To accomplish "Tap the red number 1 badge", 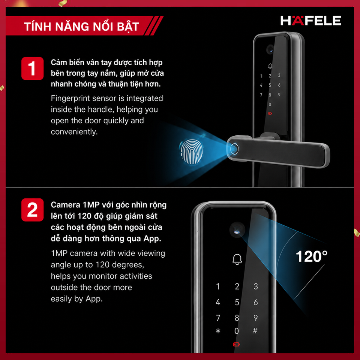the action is click(x=32, y=68).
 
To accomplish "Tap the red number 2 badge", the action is click(x=32, y=210).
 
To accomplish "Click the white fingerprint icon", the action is click(x=192, y=152).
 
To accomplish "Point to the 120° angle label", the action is click(x=312, y=256).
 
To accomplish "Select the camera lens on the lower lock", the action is click(x=237, y=230).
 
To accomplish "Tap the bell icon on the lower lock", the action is click(x=237, y=259).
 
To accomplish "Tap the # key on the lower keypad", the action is click(x=255, y=331).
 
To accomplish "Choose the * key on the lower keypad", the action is click(x=218, y=331).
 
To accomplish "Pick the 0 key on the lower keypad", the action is click(x=237, y=331).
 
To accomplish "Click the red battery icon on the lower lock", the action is click(x=237, y=344).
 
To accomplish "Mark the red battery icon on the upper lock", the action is click(x=270, y=113).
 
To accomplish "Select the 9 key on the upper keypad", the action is click(x=279, y=94).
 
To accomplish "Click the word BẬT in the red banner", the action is click(x=128, y=26).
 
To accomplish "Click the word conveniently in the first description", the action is click(x=74, y=132).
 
